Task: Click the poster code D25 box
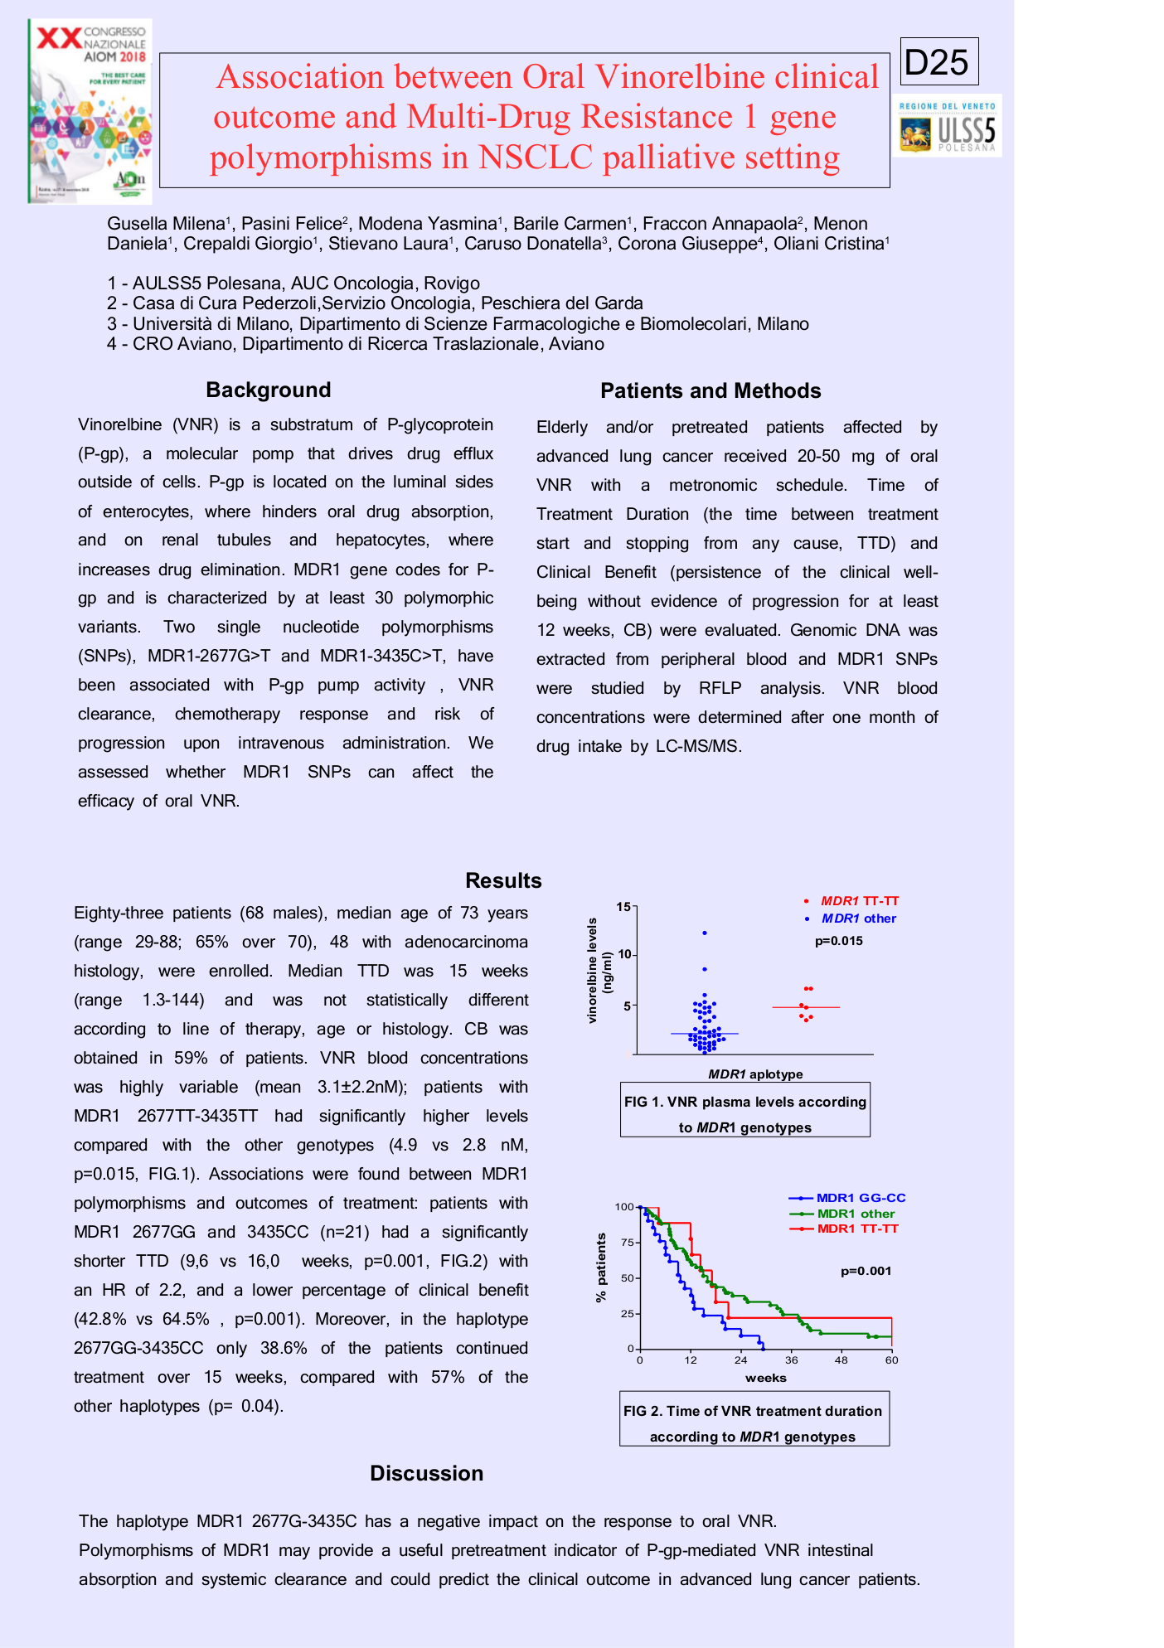(938, 62)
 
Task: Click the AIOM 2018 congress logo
(90, 111)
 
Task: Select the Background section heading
(269, 390)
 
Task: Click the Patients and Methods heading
(711, 391)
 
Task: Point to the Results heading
(503, 880)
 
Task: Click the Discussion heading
(426, 1473)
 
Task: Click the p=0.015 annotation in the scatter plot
(838, 941)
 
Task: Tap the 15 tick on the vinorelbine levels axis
(623, 907)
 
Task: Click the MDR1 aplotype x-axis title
(755, 1074)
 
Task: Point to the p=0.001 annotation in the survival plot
(866, 1271)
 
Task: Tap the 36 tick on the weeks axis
(791, 1360)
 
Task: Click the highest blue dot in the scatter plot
(705, 933)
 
